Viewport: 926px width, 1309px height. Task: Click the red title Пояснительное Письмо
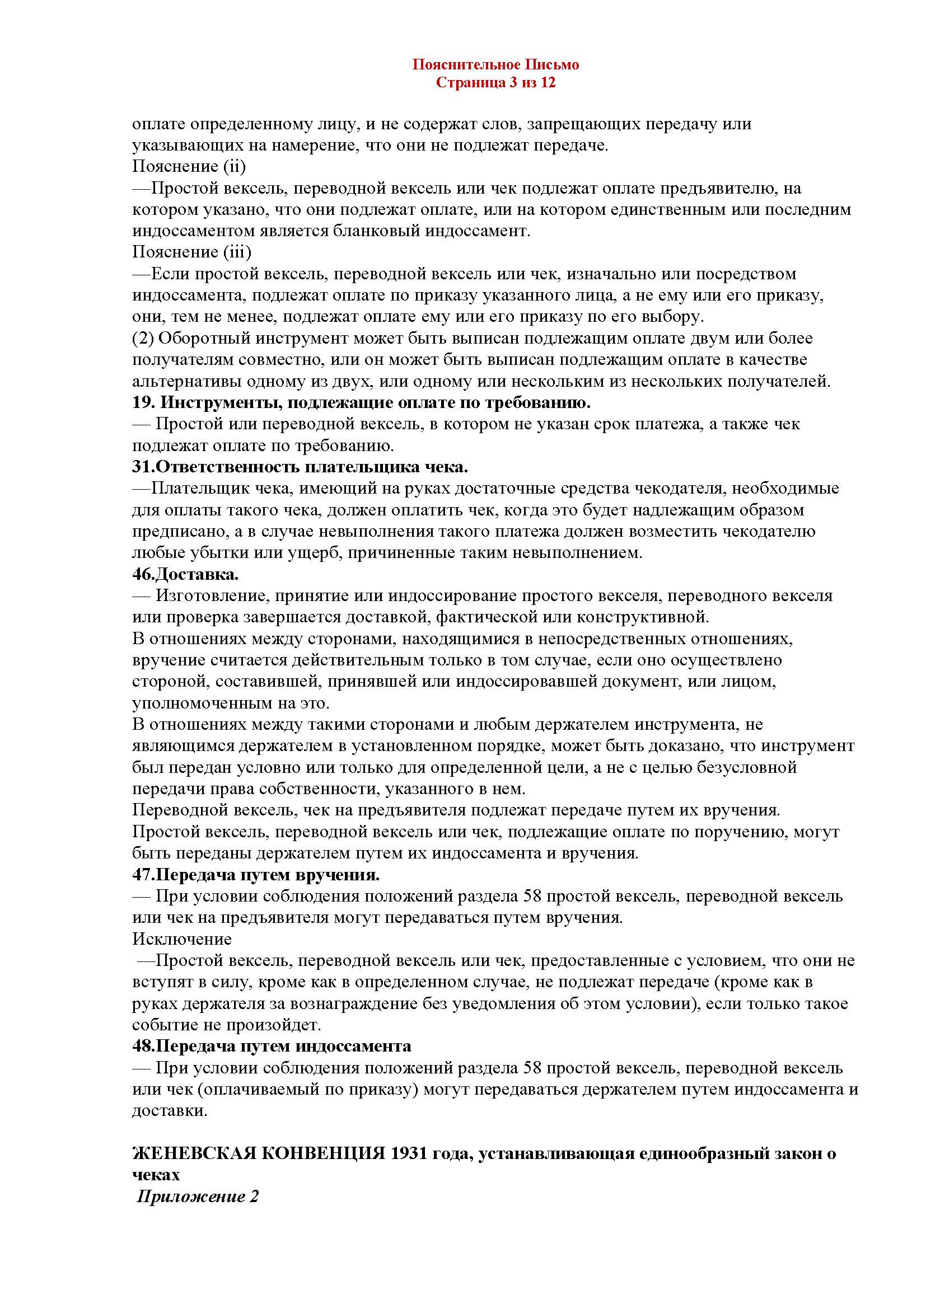point(495,65)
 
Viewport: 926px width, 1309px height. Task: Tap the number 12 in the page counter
point(548,83)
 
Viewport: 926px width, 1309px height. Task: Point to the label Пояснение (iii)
point(191,252)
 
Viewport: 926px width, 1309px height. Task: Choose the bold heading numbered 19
point(362,402)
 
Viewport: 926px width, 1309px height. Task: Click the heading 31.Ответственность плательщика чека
point(300,467)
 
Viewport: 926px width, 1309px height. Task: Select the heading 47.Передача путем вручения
point(256,875)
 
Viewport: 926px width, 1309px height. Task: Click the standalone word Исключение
point(182,939)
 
